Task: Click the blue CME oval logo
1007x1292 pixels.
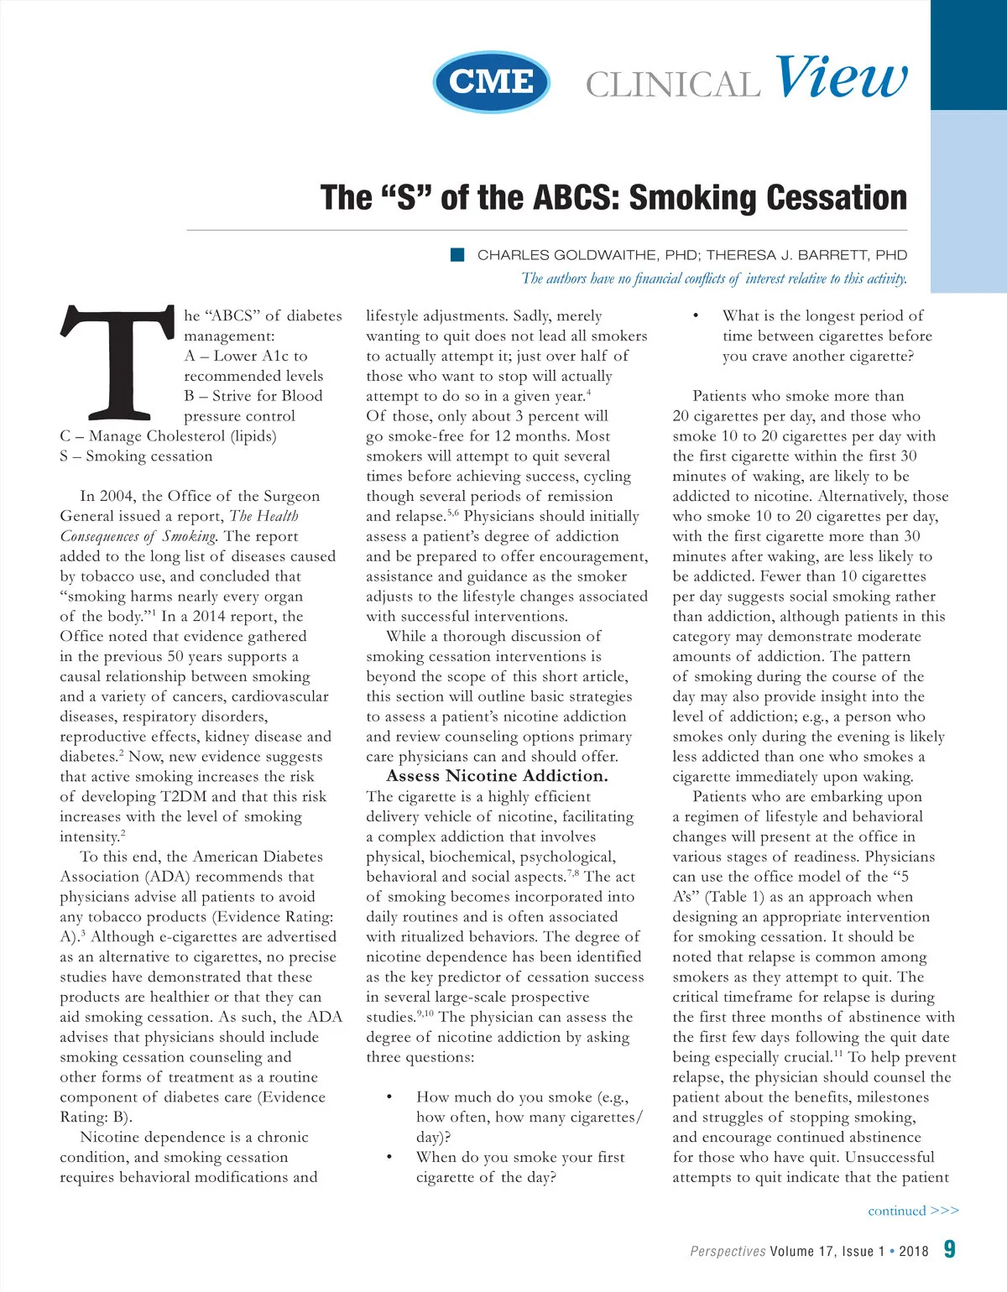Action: pyautogui.click(x=492, y=81)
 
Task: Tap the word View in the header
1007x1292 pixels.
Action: pyautogui.click(x=841, y=78)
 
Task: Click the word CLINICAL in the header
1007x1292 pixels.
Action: pyautogui.click(x=672, y=85)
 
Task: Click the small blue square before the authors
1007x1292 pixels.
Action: pyautogui.click(x=457, y=255)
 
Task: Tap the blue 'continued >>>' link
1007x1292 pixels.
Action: pyautogui.click(x=913, y=1211)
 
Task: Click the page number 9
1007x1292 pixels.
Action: pyautogui.click(x=949, y=1249)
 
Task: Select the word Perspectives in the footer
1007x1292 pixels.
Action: pyautogui.click(x=728, y=1251)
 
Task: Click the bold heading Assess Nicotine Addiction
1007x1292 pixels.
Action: pyautogui.click(x=497, y=776)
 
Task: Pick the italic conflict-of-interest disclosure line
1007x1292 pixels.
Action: pyautogui.click(x=714, y=279)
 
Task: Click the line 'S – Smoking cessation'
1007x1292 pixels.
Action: pyautogui.click(x=136, y=456)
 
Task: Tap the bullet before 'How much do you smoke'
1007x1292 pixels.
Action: pyautogui.click(x=389, y=1097)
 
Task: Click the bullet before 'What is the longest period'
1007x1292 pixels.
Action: pyautogui.click(x=696, y=316)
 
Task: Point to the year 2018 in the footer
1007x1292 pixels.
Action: pyautogui.click(x=913, y=1251)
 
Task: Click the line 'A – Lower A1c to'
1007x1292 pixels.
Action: pyautogui.click(x=246, y=356)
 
